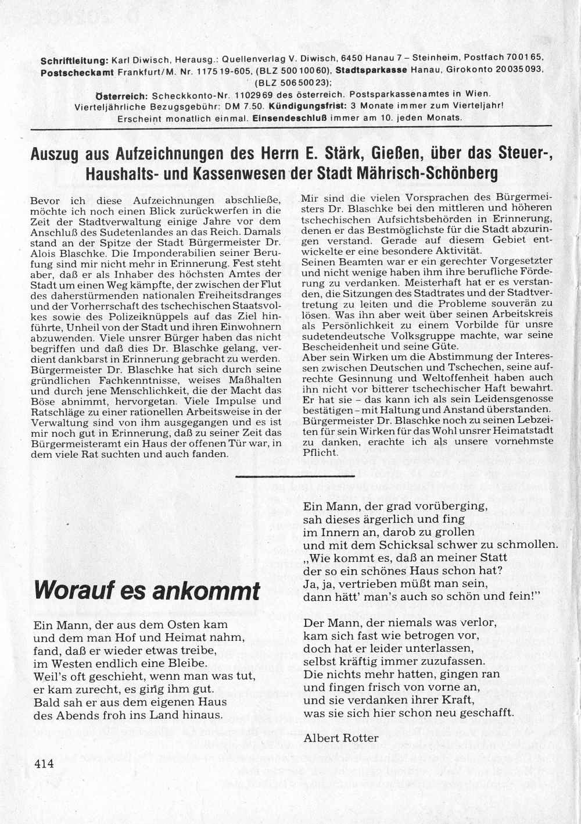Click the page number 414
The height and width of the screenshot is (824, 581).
[44, 763]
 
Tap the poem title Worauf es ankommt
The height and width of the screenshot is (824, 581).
[147, 590]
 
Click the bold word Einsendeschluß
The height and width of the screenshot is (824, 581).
[289, 118]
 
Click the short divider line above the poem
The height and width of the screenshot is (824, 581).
[296, 476]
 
